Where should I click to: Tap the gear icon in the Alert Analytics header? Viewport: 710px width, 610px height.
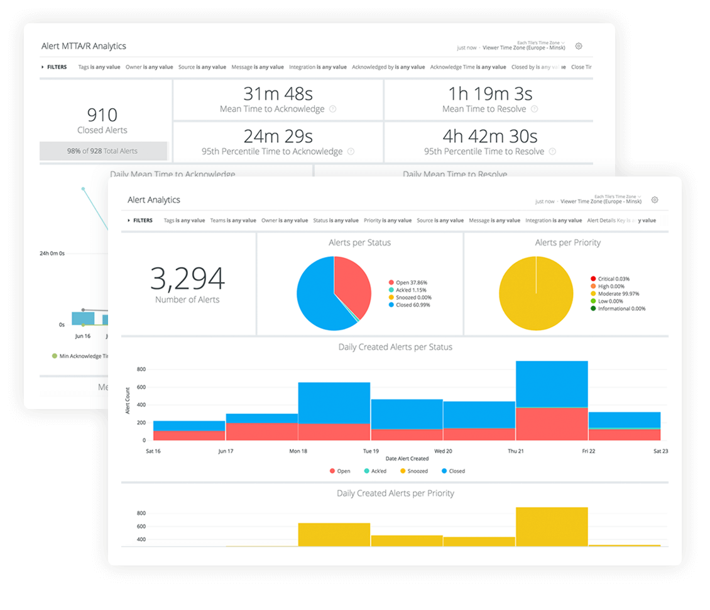[x=655, y=200]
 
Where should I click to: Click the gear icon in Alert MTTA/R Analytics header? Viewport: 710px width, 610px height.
[x=579, y=46]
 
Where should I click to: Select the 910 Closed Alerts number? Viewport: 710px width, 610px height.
[x=102, y=115]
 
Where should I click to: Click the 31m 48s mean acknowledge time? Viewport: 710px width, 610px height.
[x=278, y=94]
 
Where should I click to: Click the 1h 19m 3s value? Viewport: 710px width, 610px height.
[x=490, y=94]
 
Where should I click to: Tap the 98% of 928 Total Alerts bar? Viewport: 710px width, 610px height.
[x=103, y=151]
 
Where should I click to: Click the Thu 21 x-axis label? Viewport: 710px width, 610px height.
[x=516, y=451]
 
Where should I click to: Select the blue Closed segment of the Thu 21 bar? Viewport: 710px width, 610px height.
[x=552, y=384]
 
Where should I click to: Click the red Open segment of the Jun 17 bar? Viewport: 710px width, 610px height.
[x=261, y=432]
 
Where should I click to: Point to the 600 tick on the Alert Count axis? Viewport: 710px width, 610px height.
[x=141, y=387]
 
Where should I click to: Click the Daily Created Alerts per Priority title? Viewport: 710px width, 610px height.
[x=395, y=493]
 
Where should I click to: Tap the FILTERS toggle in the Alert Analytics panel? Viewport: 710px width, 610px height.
[x=140, y=221]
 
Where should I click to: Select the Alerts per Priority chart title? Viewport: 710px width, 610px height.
[x=567, y=242]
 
